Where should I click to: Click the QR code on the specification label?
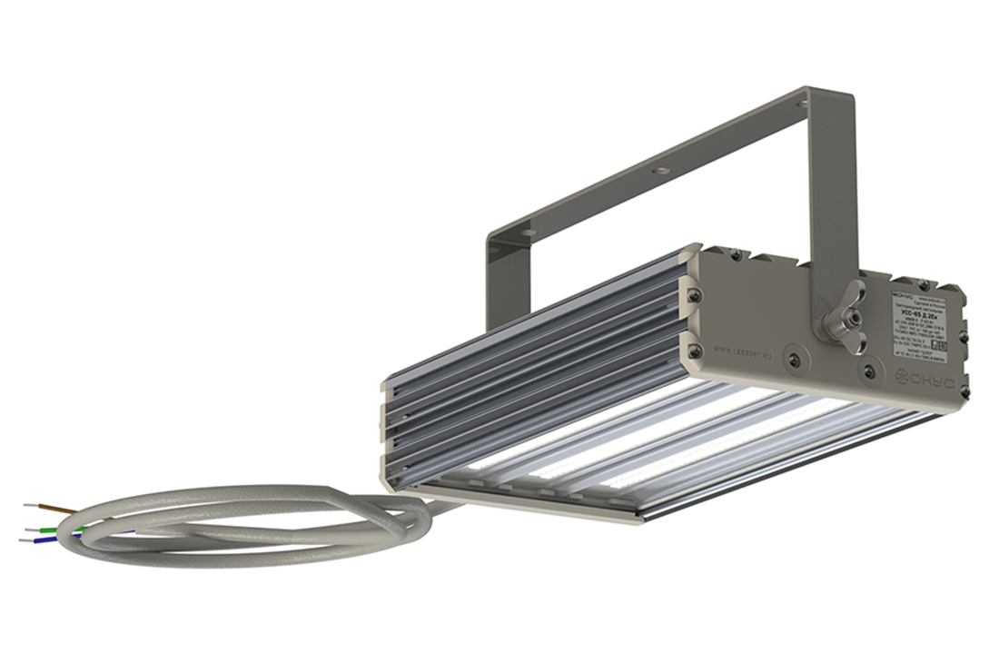[940, 346]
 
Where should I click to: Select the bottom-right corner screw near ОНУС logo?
[964, 393]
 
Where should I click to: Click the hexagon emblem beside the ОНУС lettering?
[903, 380]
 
